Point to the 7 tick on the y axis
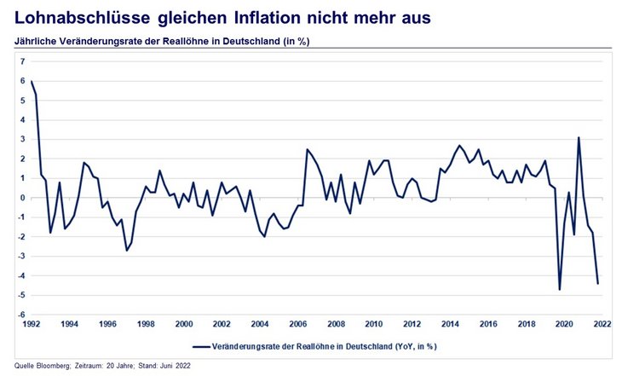(x=23, y=61)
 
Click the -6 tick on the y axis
(x=21, y=315)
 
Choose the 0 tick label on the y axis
(x=23, y=198)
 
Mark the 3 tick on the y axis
(x=23, y=139)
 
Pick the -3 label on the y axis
(x=21, y=256)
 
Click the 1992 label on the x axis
(x=32, y=325)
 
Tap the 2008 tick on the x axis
(x=335, y=325)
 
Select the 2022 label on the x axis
(x=601, y=325)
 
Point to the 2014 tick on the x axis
(x=449, y=325)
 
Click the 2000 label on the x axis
(x=183, y=325)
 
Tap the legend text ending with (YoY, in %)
(x=325, y=346)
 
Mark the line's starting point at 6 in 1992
(x=32, y=81)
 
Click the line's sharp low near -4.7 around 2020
(x=560, y=290)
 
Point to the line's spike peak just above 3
(x=579, y=137)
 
